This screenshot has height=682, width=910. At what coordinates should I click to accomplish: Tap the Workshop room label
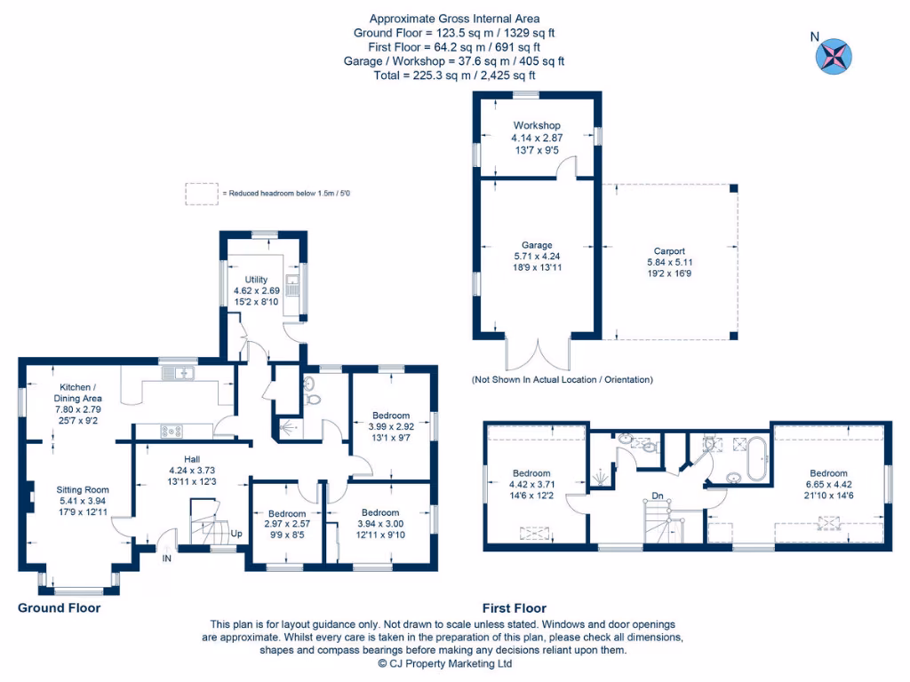[x=536, y=126]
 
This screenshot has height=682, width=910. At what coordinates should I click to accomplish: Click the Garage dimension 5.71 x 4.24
[x=537, y=256]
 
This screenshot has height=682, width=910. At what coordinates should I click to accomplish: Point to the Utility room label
[x=256, y=280]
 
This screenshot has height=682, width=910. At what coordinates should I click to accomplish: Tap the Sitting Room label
[x=83, y=489]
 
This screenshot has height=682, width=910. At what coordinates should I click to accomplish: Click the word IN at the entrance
[x=167, y=559]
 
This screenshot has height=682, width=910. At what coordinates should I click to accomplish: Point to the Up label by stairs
[x=235, y=535]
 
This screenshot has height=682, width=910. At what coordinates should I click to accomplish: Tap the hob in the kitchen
[x=172, y=431]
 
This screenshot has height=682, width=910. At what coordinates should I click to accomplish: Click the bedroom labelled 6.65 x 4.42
[x=827, y=484]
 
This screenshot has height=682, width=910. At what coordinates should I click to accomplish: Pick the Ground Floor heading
[x=60, y=608]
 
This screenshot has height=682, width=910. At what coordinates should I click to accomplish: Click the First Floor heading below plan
[x=514, y=608]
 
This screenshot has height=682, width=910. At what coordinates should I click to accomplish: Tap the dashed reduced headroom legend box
[x=200, y=193]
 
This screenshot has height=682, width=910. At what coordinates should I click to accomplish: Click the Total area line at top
[x=454, y=75]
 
